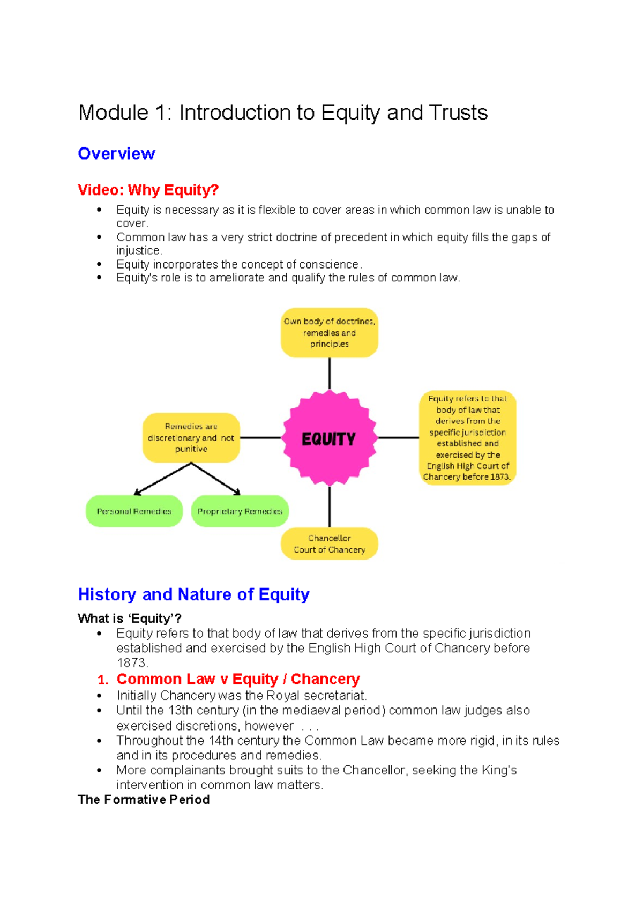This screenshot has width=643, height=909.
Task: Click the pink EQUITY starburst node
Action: click(x=329, y=438)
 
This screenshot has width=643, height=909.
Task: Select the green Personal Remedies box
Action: click(x=134, y=511)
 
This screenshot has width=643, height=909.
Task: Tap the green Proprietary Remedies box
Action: click(x=240, y=511)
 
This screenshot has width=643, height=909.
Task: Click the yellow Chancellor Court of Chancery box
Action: click(x=329, y=543)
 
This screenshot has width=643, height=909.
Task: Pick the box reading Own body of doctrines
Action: click(x=329, y=332)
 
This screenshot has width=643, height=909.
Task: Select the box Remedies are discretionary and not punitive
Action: click(x=191, y=437)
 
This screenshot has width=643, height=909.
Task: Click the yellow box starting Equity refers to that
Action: click(x=467, y=437)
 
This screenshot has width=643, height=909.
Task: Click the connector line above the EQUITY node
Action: click(x=329, y=374)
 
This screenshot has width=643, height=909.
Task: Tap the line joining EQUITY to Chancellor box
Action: click(x=329, y=506)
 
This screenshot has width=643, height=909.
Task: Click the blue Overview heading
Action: click(x=116, y=154)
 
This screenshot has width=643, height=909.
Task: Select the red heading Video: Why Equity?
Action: click(x=148, y=190)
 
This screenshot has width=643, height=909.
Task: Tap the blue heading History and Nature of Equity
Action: click(x=193, y=594)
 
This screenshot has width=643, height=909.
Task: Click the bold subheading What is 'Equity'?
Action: click(x=129, y=619)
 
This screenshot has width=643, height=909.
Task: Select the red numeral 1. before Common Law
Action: click(x=103, y=680)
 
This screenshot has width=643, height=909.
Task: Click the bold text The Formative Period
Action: click(x=144, y=800)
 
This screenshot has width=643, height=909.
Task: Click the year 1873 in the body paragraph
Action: click(x=131, y=663)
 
